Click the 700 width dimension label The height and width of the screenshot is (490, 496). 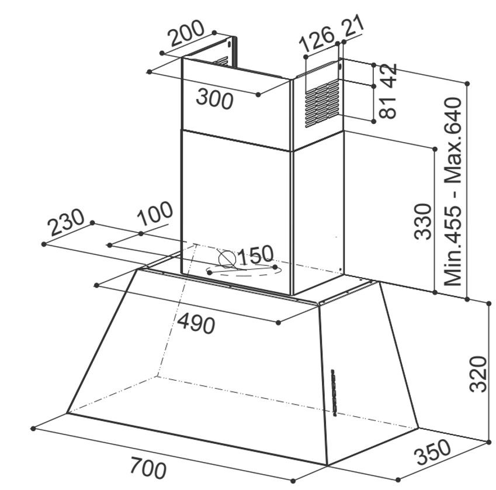pos(148,467)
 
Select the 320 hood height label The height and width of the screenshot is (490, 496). pos(478,374)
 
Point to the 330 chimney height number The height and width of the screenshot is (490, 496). pos(423,221)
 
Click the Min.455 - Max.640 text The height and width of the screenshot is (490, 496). pos(453,192)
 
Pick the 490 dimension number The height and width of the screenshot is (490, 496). pos(196,324)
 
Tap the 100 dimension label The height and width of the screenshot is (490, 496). pos(155,213)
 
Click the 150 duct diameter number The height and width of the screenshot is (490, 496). pos(255,254)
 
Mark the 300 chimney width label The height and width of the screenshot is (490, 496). pos(215,98)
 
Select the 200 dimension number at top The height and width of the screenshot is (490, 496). pos(186,33)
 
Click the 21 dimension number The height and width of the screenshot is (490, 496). pos(353,26)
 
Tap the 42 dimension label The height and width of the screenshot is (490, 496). pos(388,75)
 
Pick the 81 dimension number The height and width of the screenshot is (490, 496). pos(388,108)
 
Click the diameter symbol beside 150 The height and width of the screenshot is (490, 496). pos(227,259)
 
